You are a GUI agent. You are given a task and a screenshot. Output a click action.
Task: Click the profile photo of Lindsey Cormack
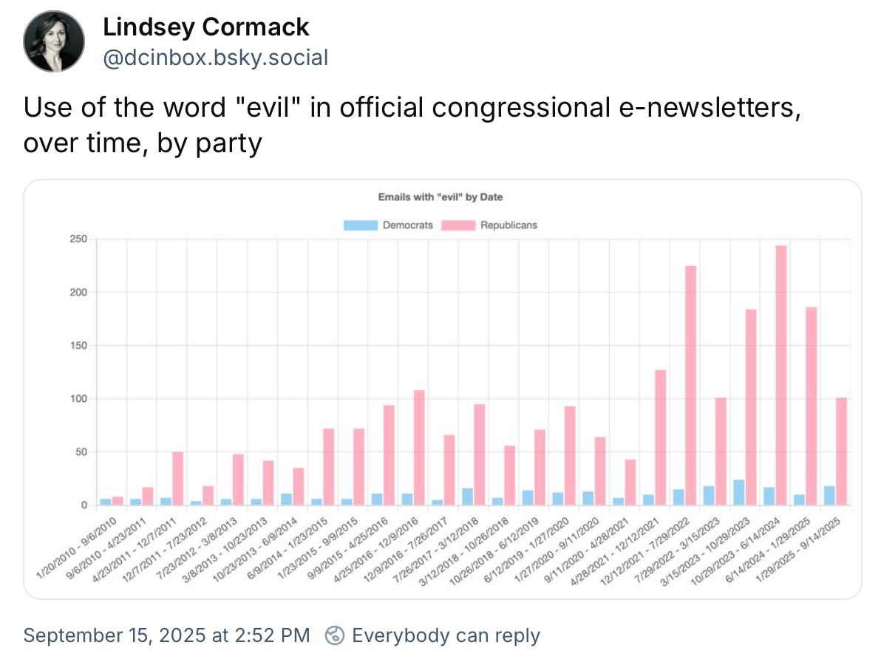pos(54,42)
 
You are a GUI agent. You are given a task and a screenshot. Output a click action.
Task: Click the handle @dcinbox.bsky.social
pos(215,58)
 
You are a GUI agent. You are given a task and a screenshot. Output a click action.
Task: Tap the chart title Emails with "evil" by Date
pos(440,197)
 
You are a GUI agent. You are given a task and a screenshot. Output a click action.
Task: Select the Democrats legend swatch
pos(361,225)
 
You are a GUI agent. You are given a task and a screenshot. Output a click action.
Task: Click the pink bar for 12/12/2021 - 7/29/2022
pos(690,385)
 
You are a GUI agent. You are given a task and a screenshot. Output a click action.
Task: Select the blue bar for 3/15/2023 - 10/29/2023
pos(738,492)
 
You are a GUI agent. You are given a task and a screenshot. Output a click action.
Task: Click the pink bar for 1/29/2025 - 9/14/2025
pos(841,451)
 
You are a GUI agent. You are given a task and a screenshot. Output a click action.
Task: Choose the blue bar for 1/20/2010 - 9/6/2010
pos(106,502)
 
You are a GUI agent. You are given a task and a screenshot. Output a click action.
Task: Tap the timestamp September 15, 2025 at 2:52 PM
pos(167,635)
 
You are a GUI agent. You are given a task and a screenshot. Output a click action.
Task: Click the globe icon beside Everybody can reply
pos(336,635)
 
